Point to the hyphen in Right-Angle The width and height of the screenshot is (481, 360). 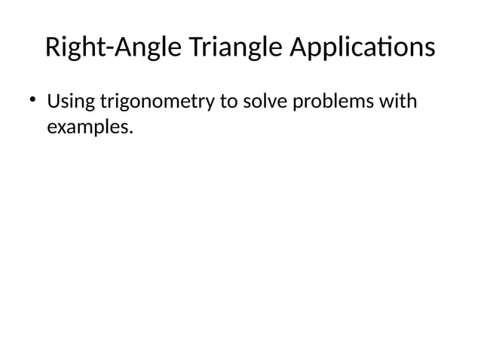tap(109, 50)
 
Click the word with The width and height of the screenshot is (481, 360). tap(398, 101)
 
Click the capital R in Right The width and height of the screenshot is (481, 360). tap(52, 48)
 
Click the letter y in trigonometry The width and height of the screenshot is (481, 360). tap(210, 103)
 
